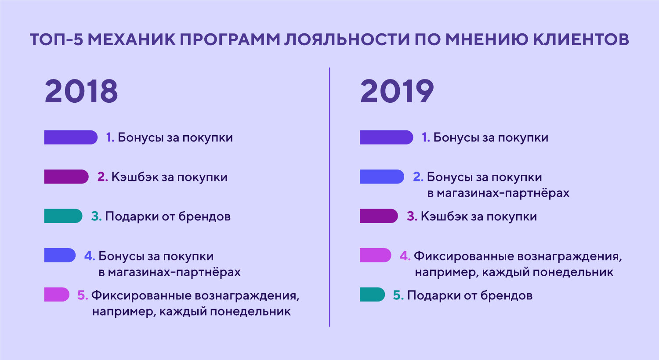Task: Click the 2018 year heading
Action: pyautogui.click(x=81, y=91)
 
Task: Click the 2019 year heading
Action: pyautogui.click(x=397, y=91)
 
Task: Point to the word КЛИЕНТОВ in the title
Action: pyautogui.click(x=581, y=40)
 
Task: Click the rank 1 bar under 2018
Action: pyautogui.click(x=71, y=137)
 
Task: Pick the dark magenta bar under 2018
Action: pyautogui.click(x=66, y=176)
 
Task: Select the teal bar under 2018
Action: pyautogui.click(x=63, y=216)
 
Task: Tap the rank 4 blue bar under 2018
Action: pyautogui.click(x=60, y=255)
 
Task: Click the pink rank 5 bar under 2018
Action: pyautogui.click(x=57, y=295)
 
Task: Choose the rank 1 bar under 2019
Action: pyautogui.click(x=386, y=137)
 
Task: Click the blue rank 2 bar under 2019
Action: pyautogui.click(x=382, y=176)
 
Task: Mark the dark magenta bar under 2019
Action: pyautogui.click(x=379, y=216)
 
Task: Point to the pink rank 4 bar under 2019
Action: pyautogui.click(x=375, y=255)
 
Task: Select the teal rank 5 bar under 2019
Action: pyautogui.click(x=372, y=295)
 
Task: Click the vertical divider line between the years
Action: pyautogui.click(x=329, y=197)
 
